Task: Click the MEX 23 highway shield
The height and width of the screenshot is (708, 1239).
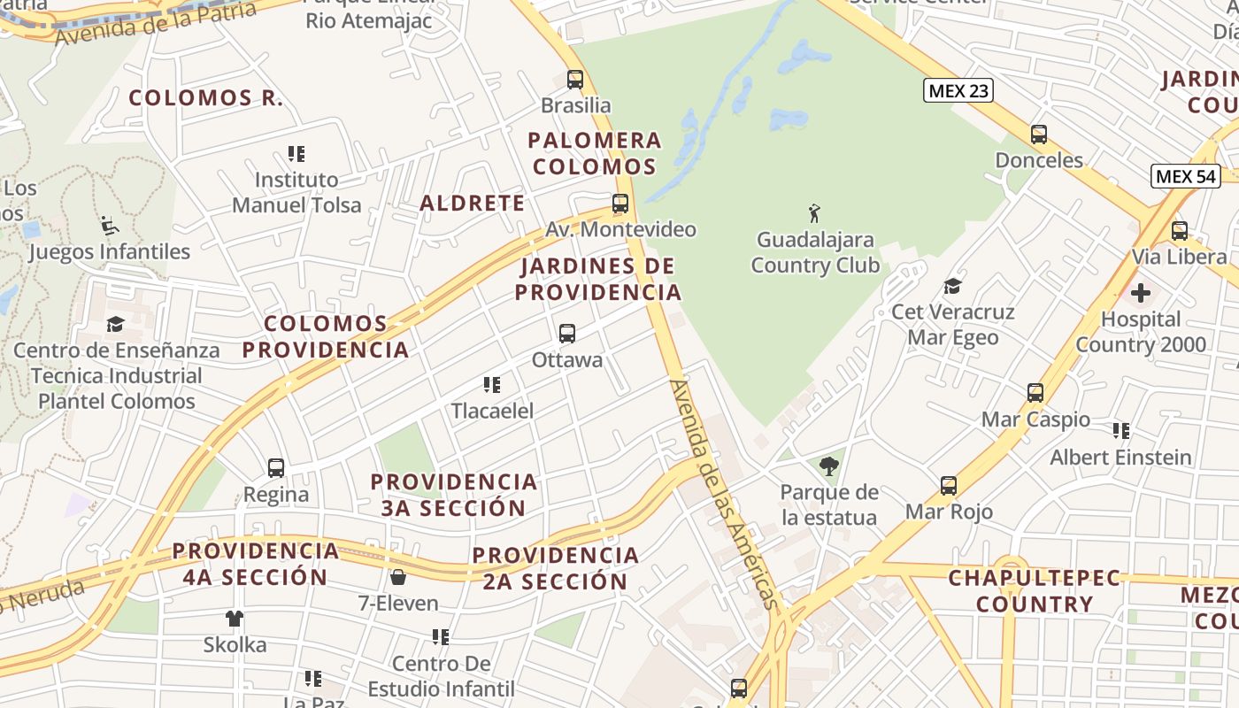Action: tap(958, 90)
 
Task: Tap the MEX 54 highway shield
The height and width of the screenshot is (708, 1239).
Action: tap(1186, 176)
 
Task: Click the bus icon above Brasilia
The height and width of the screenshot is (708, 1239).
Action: tap(575, 80)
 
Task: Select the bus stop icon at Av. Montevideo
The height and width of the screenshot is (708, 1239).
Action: tap(620, 204)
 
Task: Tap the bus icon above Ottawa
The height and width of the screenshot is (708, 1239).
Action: tap(567, 334)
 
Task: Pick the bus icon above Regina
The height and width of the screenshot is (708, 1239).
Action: tap(276, 468)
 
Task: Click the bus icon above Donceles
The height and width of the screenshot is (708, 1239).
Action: tap(1039, 135)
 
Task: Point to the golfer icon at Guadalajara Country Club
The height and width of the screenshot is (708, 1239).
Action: tap(814, 213)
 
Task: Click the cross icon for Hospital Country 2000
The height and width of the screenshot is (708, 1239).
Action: tap(1141, 292)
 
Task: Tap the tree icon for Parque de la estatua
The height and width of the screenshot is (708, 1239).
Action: tap(829, 466)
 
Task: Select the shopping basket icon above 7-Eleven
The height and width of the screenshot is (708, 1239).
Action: tap(398, 578)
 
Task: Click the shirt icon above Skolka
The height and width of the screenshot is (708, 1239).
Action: tap(235, 619)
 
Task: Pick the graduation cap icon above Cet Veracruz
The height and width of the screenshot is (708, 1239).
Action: tap(952, 286)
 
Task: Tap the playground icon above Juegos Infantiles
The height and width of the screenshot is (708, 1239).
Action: tap(110, 226)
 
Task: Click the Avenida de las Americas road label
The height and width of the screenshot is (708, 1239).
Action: tap(725, 495)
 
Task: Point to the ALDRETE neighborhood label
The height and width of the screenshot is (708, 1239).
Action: tap(472, 204)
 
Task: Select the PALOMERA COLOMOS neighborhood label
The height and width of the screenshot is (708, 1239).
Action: tap(595, 153)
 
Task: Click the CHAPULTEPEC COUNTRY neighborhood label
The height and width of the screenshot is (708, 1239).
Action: tap(1034, 591)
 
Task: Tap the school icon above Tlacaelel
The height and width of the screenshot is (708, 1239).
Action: tap(492, 385)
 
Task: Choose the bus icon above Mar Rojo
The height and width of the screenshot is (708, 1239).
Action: tap(949, 486)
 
